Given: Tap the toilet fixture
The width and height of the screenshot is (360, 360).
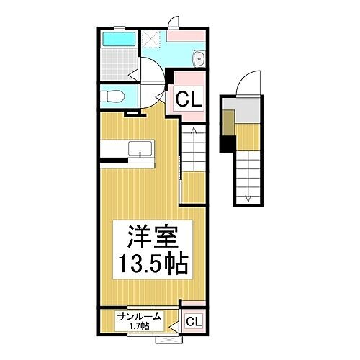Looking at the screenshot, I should coord(115,94).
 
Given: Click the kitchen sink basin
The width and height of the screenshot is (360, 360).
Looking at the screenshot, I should coord(140,148).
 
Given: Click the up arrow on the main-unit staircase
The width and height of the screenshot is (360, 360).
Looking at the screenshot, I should coord(193,133).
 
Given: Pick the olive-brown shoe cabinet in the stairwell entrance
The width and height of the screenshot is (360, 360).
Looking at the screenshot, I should coord(228,125).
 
